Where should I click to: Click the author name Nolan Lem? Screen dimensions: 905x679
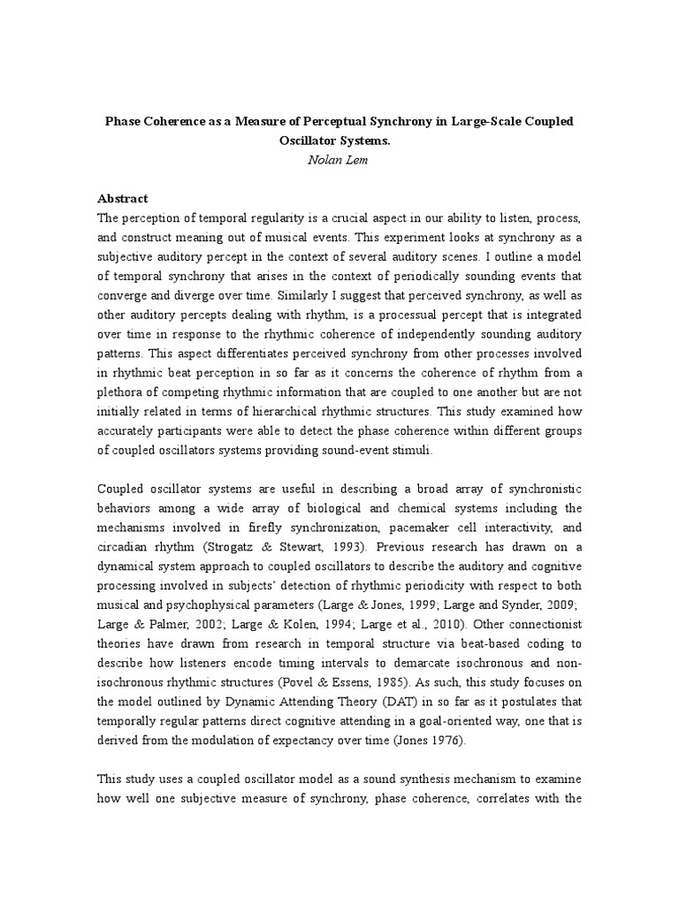tap(339, 160)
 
